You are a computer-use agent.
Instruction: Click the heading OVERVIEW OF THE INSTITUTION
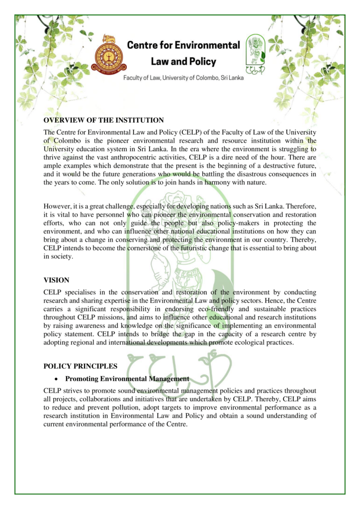point(103,120)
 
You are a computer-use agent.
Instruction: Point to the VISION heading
point(56,280)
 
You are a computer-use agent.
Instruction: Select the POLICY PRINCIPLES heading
point(80,366)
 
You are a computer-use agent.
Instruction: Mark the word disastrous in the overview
point(253,174)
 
